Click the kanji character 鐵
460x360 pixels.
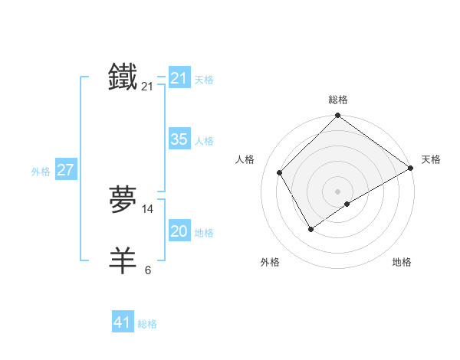pyautogui.click(x=123, y=78)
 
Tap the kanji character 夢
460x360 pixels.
pyautogui.click(x=123, y=200)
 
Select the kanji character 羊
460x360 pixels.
pyautogui.click(x=123, y=260)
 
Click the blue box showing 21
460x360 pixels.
pyautogui.click(x=179, y=78)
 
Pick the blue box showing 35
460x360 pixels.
pyautogui.click(x=179, y=139)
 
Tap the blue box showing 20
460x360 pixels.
pyautogui.click(x=179, y=231)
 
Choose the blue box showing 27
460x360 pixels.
pyautogui.click(x=66, y=170)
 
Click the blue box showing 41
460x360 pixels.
pyautogui.click(x=123, y=322)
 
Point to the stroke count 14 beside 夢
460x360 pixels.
pyautogui.click(x=148, y=209)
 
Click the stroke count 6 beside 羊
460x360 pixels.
pyautogui.click(x=148, y=270)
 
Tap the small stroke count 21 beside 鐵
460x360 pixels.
pyautogui.click(x=147, y=87)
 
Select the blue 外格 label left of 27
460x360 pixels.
pyautogui.click(x=41, y=172)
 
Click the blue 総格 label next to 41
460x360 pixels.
pyautogui.click(x=147, y=324)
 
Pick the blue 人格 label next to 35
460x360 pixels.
pyautogui.click(x=204, y=141)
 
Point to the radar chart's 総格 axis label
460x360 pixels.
pyautogui.click(x=338, y=100)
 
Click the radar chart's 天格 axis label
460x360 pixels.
pyautogui.click(x=431, y=159)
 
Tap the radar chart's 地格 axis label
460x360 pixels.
pyautogui.click(x=402, y=262)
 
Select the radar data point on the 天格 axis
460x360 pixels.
pyautogui.click(x=411, y=168)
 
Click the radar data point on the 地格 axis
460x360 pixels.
pyautogui.click(x=347, y=204)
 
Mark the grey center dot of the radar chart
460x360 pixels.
pyautogui.click(x=338, y=191)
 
